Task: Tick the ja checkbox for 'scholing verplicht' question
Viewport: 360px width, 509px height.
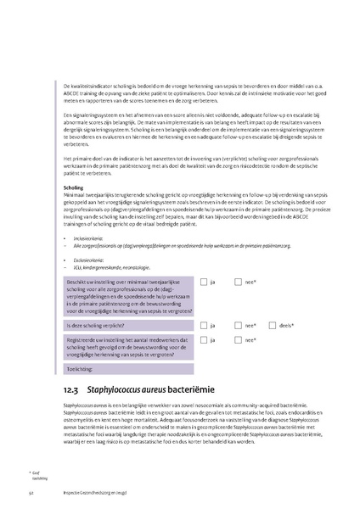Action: tap(204, 325)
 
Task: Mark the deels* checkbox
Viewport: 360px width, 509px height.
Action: tap(272, 325)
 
